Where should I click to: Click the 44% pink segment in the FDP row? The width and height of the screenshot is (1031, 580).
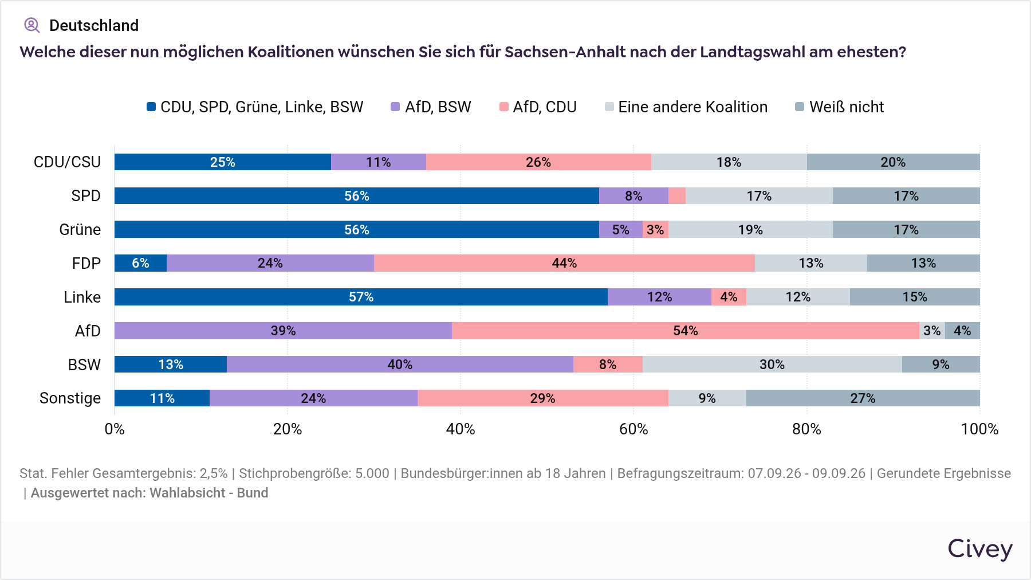[x=564, y=263]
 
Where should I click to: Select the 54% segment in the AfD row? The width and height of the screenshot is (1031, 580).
[x=686, y=331]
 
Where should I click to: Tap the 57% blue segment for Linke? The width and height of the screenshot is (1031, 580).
[x=361, y=297]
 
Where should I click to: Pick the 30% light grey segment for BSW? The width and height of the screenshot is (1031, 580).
[x=772, y=365]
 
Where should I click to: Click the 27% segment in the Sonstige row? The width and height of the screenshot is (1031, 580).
[x=863, y=398]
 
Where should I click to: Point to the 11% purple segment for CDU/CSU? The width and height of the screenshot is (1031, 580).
[x=379, y=162]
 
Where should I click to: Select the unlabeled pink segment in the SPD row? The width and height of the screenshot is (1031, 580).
[x=677, y=196]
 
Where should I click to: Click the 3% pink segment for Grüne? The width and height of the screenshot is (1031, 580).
[x=655, y=230]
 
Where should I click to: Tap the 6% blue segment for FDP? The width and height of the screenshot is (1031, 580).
[x=140, y=263]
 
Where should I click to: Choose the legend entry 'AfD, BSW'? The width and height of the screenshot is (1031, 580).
[x=431, y=107]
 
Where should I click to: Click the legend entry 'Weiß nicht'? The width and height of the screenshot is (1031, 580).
[x=840, y=107]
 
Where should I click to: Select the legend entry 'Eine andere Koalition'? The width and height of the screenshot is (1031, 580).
[x=686, y=107]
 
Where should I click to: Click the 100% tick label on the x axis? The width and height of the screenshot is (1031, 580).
[x=979, y=429]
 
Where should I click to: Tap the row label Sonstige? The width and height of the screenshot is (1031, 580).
[x=70, y=398]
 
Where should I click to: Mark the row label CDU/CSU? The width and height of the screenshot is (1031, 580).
[x=67, y=162]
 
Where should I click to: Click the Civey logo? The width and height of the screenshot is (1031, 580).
[x=980, y=548]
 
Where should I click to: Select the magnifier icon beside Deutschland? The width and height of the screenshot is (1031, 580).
[x=32, y=25]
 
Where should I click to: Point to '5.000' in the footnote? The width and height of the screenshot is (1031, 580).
[x=372, y=473]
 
